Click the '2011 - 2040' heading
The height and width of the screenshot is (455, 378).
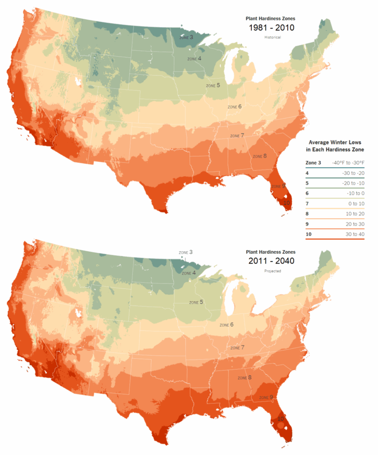[270, 261]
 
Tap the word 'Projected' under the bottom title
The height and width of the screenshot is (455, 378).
[270, 271]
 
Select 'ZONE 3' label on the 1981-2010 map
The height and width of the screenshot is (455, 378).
[185, 37]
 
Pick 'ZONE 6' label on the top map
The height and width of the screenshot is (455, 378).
[235, 107]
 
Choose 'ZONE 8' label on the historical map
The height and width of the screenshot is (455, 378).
[260, 156]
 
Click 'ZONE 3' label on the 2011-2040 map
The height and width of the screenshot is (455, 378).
[185, 252]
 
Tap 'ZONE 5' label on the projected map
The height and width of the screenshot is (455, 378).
[196, 302]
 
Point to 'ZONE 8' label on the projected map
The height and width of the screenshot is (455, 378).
[245, 378]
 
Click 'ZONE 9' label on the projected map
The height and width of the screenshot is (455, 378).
[265, 397]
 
